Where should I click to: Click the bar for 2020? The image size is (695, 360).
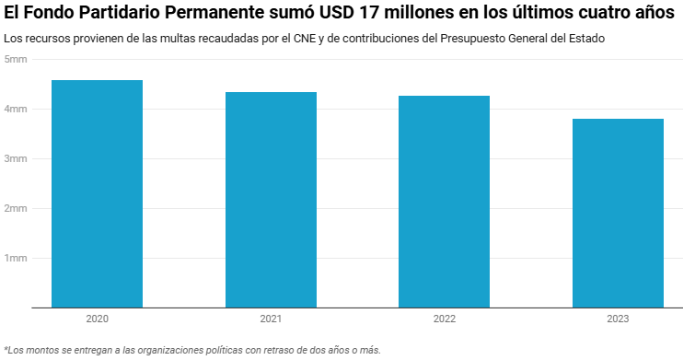97,193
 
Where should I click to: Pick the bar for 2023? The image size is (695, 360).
618,213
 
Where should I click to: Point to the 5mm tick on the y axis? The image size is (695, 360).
16,59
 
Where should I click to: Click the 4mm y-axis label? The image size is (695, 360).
16,109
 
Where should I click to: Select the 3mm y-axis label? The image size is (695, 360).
16,158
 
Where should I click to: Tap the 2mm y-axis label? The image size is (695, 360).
16,208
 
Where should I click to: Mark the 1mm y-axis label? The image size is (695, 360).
16,258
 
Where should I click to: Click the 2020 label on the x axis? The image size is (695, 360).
97,319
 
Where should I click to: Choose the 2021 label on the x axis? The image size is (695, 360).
271,319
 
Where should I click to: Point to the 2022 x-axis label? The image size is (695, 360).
444,319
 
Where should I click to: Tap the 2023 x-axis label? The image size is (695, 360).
618,319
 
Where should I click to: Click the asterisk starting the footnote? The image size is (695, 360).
6,349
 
